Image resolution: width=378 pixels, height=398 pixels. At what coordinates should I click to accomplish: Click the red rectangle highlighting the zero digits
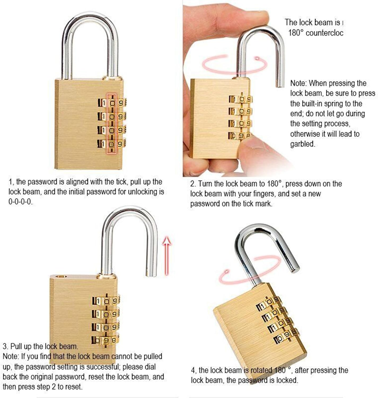(x=112, y=123)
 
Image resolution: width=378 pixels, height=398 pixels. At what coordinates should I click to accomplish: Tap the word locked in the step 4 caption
(x=287, y=380)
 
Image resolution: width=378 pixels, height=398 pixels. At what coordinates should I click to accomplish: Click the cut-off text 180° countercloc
(x=315, y=33)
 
